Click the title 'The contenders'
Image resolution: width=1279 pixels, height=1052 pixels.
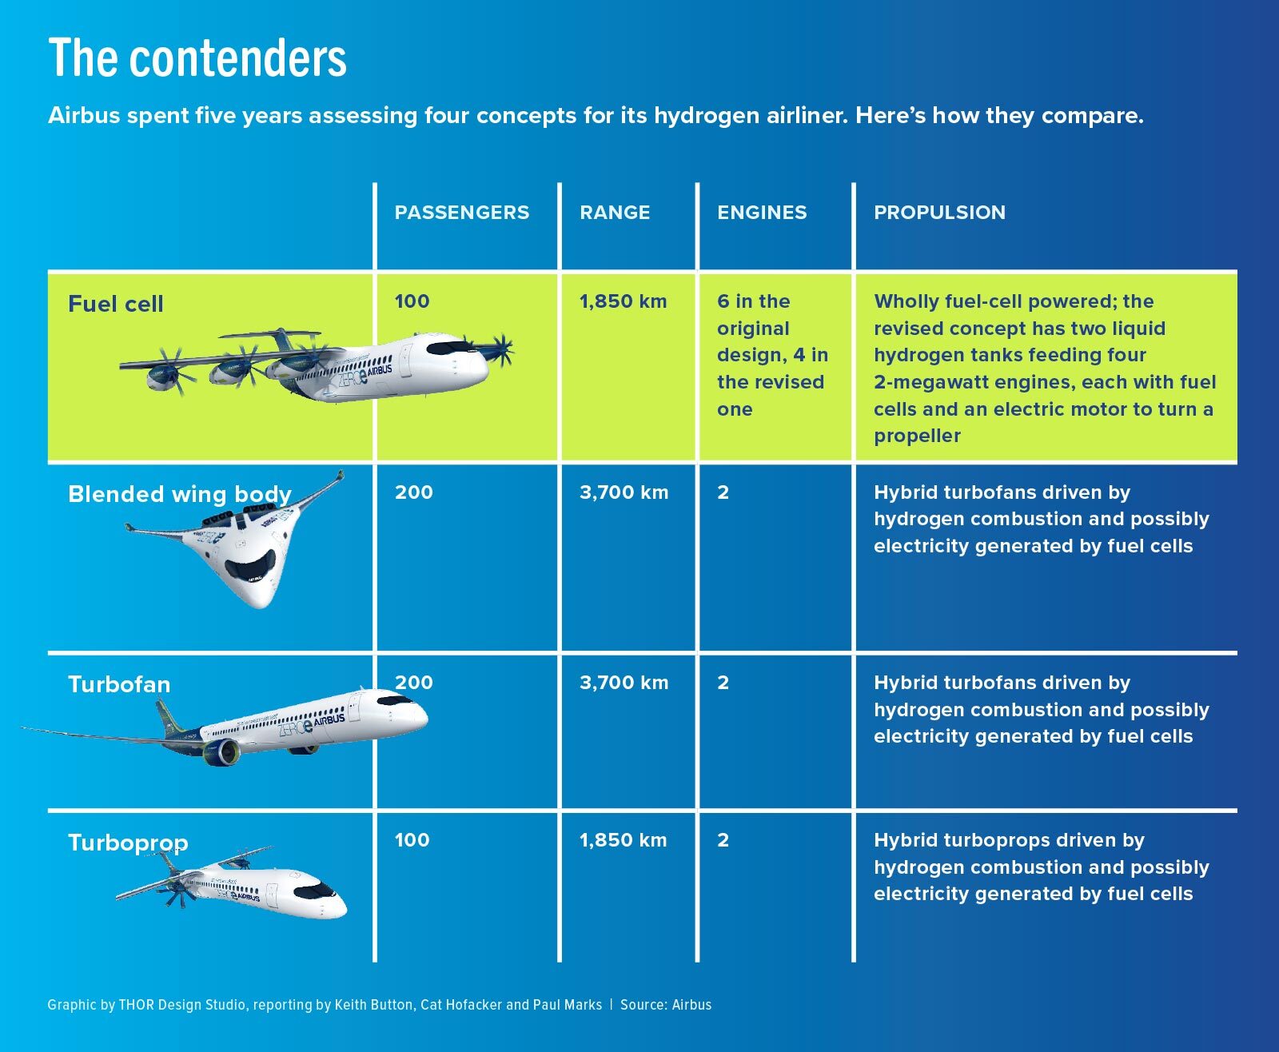point(197,58)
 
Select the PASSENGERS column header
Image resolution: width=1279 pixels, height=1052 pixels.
point(461,212)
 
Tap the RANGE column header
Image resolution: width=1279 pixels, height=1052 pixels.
point(615,212)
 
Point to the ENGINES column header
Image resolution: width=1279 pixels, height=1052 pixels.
point(762,212)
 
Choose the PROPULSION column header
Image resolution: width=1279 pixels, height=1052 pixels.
point(939,212)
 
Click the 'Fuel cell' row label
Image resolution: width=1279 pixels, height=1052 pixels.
point(116,304)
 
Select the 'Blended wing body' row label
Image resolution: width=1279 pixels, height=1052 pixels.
point(180,494)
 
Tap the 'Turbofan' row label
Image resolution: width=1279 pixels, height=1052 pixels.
point(119,684)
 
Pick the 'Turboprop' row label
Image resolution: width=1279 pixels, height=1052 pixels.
point(128,843)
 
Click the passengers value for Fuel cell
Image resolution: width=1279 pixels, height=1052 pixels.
point(412,301)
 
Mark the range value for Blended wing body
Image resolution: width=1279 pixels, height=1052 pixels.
point(624,492)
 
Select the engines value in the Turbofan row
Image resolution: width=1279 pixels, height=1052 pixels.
point(723,683)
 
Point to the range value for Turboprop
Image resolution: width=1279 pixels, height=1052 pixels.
point(624,840)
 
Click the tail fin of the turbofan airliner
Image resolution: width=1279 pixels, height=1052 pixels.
point(167,719)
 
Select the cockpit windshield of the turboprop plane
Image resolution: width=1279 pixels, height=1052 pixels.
point(315,890)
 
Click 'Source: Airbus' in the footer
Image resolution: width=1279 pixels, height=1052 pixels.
point(666,1005)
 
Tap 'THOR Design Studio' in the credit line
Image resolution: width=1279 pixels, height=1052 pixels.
point(182,1005)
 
